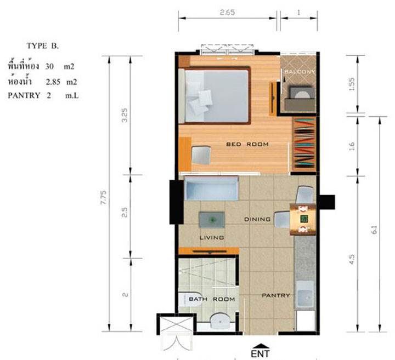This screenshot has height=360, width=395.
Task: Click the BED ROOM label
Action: (247, 145)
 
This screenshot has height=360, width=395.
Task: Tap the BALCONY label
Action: (300, 72)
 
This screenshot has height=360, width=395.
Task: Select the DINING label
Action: (257, 219)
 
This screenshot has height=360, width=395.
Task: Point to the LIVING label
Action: (212, 237)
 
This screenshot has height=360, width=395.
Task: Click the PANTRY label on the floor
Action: (276, 295)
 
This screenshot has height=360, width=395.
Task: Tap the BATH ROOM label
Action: (212, 299)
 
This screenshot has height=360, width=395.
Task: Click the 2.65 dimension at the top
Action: (227, 12)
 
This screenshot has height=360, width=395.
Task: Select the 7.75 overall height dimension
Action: (104, 197)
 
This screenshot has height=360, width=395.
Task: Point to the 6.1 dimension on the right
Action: (374, 230)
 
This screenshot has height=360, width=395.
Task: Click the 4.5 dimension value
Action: (352, 260)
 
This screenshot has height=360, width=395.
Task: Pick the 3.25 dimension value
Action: (125, 115)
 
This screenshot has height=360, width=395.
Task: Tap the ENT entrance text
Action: (260, 353)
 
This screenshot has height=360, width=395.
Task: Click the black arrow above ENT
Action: (260, 346)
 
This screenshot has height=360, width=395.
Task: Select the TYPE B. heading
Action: (43, 46)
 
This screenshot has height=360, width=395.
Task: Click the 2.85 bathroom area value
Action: (53, 82)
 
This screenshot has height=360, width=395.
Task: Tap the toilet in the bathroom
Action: (190, 299)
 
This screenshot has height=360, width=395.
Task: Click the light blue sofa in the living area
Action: (211, 188)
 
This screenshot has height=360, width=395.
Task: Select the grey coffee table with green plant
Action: (212, 220)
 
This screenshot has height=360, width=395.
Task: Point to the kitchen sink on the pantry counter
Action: (305, 296)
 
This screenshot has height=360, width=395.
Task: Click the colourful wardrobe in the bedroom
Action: (304, 144)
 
